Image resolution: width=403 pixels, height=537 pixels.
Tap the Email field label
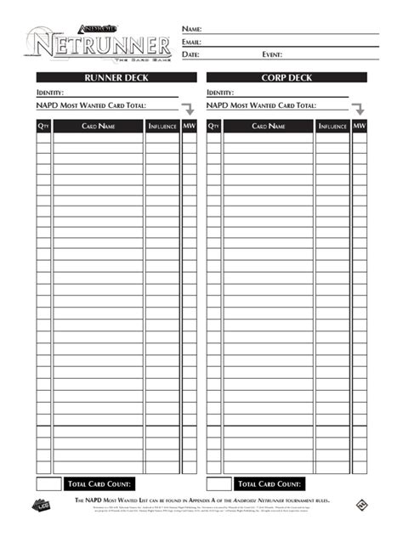pyautogui.click(x=191, y=42)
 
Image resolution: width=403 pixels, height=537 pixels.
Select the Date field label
pyautogui.click(x=190, y=54)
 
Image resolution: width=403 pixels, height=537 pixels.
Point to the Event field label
pyautogui.click(x=272, y=54)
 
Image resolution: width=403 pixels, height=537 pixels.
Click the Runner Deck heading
pyautogui.click(x=107, y=77)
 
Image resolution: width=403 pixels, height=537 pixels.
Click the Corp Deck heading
pyautogui.click(x=287, y=77)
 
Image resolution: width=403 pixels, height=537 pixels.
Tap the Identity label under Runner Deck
pyautogui.click(x=51, y=93)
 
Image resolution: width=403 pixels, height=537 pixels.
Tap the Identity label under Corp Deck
pyautogui.click(x=221, y=93)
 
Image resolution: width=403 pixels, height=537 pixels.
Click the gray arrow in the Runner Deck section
pyautogui.click(x=188, y=109)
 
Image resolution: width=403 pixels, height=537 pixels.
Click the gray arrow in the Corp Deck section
pyautogui.click(x=359, y=109)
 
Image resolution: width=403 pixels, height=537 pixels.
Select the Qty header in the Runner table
pyautogui.click(x=43, y=127)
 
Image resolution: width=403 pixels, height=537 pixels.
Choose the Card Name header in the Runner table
pyautogui.click(x=99, y=127)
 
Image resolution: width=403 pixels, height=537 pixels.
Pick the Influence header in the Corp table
pyautogui.click(x=332, y=127)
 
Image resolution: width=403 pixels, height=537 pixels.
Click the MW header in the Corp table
pyautogui.click(x=360, y=127)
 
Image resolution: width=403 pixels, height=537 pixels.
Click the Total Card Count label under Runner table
pyautogui.click(x=100, y=484)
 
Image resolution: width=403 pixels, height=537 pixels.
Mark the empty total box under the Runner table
pyautogui.click(x=48, y=484)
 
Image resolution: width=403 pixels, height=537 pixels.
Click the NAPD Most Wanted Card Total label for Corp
pyautogui.click(x=261, y=105)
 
